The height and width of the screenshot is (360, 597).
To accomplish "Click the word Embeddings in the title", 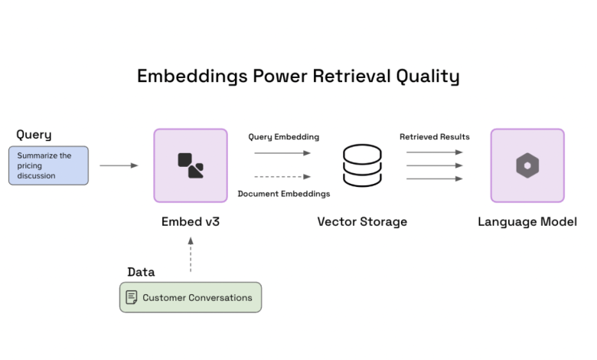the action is click(192, 77).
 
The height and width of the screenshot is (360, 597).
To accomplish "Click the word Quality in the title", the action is click(428, 77).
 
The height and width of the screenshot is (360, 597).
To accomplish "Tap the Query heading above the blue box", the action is click(34, 135).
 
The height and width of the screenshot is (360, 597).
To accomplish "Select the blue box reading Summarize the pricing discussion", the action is click(49, 165).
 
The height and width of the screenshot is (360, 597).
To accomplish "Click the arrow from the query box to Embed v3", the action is click(119, 165).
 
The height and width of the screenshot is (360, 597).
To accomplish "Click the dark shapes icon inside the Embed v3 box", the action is click(191, 165).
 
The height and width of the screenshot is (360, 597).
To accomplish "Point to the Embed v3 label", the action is click(191, 221).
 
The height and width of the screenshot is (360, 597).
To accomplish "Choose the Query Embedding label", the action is click(284, 137).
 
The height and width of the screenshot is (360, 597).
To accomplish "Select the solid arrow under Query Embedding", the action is click(282, 153).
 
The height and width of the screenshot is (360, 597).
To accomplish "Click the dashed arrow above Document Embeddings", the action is click(282, 177).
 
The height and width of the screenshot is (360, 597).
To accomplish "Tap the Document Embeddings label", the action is click(284, 194).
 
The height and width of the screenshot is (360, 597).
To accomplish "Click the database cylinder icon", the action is click(362, 165).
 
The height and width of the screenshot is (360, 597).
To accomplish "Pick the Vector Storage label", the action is click(362, 221).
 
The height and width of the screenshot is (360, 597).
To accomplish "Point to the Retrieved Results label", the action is click(435, 137).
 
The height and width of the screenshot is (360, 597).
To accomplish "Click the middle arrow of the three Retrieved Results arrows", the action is click(435, 165).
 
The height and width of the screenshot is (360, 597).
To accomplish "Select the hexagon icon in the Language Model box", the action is click(527, 165).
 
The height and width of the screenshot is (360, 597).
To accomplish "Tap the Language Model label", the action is click(527, 221).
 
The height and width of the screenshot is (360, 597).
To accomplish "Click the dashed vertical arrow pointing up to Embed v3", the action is click(191, 255).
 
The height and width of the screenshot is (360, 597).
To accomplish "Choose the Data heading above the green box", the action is click(141, 272).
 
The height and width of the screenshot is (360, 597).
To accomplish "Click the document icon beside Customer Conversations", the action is click(132, 297).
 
